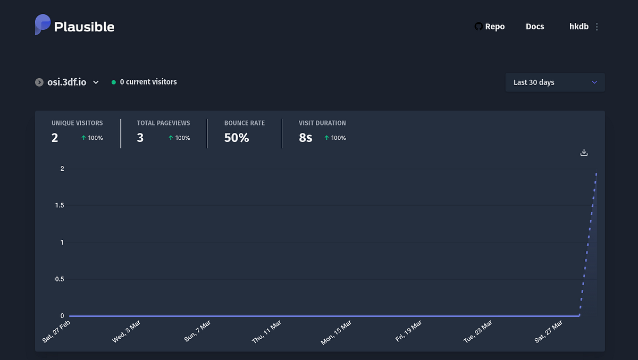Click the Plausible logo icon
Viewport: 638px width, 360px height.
(43, 25)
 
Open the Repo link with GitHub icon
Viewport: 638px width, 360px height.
(489, 27)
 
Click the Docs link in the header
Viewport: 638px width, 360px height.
(535, 27)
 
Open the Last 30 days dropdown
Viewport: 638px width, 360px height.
(555, 82)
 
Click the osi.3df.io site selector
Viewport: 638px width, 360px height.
(67, 82)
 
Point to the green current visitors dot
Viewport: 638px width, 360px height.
(114, 82)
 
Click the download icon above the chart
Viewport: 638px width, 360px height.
(584, 153)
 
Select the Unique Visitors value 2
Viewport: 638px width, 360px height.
(55, 138)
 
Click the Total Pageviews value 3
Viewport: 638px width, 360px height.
(140, 138)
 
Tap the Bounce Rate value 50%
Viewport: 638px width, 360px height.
(237, 138)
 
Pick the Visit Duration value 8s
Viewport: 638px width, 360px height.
(306, 138)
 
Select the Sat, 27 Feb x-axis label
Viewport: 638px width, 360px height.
(56, 331)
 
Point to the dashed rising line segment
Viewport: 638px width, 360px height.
(588, 244)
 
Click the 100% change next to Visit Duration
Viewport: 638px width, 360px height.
(335, 138)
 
